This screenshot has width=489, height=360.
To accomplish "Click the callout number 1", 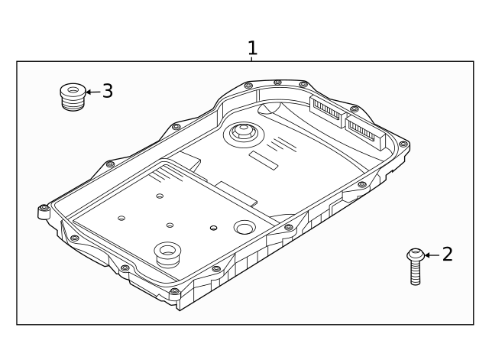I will (x=252, y=48).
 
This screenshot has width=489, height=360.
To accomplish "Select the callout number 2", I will (x=447, y=255).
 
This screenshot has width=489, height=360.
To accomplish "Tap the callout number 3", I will (x=107, y=91).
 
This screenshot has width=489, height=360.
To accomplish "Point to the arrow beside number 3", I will (x=92, y=92).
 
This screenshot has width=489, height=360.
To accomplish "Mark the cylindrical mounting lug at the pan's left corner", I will (x=44, y=212).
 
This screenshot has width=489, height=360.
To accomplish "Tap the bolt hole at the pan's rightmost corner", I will (x=403, y=143).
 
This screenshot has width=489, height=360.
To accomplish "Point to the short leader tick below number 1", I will (x=252, y=59).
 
